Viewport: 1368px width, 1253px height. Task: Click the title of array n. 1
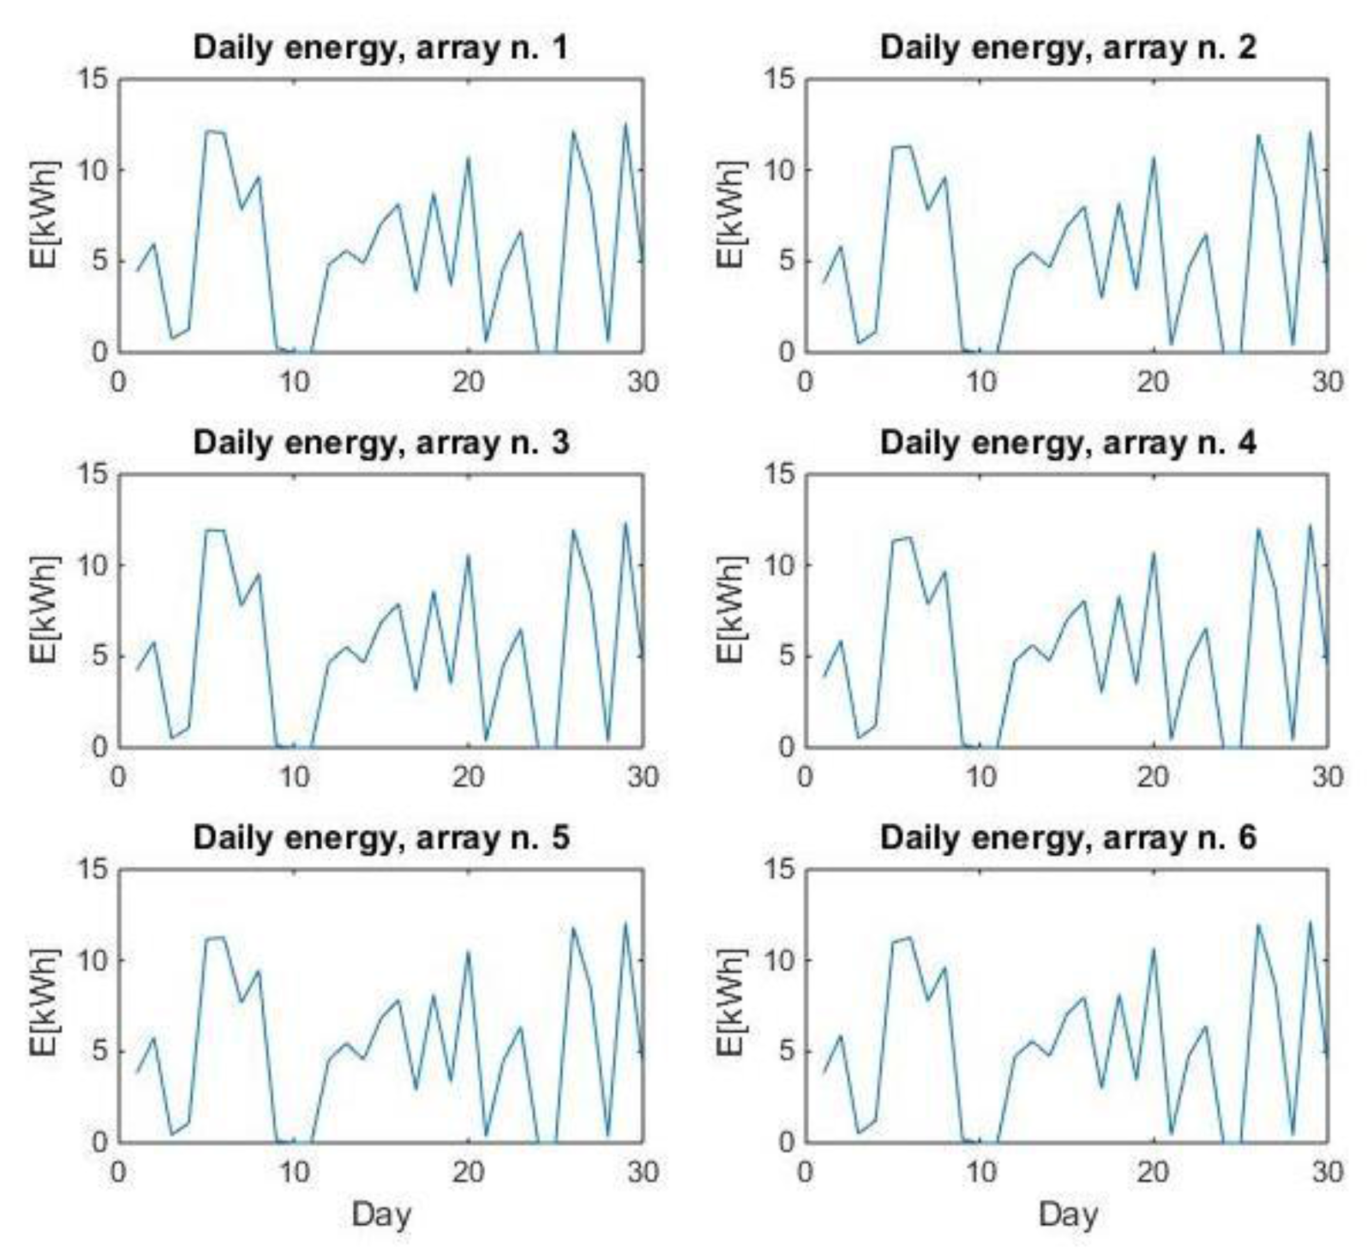[381, 48]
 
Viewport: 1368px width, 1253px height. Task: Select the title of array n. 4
[1068, 443]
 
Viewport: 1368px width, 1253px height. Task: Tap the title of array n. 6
[1068, 838]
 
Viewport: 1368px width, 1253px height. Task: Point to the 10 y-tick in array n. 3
[92, 565]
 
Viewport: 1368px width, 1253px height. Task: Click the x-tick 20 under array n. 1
[468, 383]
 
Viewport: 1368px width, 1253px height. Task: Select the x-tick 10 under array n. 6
[981, 1172]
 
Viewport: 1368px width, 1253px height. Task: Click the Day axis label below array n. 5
[381, 1214]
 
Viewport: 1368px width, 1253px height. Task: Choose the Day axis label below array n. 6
[1068, 1214]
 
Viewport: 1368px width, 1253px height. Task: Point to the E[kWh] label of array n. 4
[731, 610]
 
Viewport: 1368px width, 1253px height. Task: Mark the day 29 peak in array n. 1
[626, 123]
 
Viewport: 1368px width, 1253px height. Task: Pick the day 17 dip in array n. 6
[1102, 1087]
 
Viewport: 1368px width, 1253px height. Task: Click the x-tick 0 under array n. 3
[119, 778]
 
